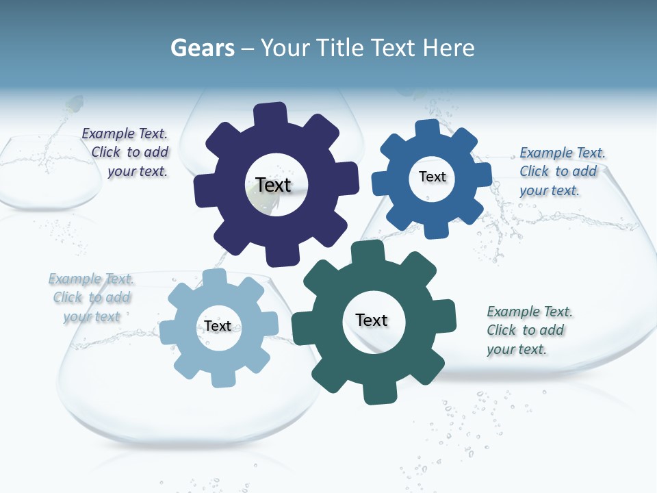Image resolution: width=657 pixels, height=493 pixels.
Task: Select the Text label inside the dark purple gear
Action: point(274,185)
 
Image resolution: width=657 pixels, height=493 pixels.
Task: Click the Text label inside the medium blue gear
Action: point(432,177)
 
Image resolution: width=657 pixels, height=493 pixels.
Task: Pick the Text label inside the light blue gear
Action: point(218,326)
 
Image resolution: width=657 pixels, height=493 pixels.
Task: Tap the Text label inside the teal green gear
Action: point(372,320)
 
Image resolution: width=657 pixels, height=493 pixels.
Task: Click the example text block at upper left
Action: point(126,153)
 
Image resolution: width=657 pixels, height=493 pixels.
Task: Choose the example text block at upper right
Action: point(561,171)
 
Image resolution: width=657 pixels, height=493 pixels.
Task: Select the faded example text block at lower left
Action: point(90,297)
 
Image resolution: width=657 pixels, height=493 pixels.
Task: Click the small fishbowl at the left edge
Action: point(49,175)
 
